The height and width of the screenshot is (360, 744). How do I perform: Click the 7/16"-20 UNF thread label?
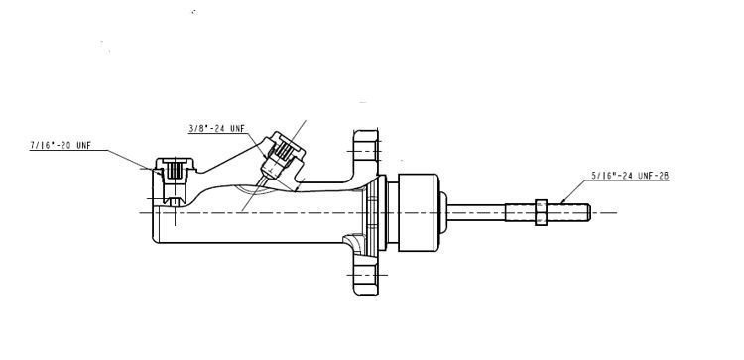tap(62, 146)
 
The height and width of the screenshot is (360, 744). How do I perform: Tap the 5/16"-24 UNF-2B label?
tap(629, 176)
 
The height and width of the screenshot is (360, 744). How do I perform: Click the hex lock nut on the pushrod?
tap(541, 211)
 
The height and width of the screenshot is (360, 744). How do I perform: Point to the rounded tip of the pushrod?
tap(589, 211)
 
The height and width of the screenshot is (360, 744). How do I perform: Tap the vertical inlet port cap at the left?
tap(171, 173)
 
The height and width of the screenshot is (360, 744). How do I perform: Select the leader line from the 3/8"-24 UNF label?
tap(257, 138)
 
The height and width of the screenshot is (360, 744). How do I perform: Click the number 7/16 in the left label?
tap(40, 146)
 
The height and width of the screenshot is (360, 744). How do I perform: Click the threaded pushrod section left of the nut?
tap(522, 211)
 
